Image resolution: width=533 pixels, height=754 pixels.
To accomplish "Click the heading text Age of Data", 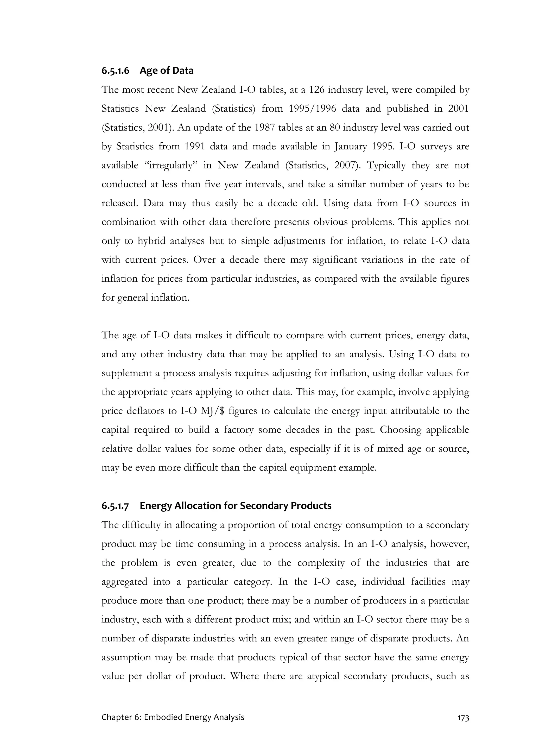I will [x=167, y=71].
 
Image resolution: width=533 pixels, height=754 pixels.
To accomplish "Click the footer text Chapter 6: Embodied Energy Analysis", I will [x=173, y=726].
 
